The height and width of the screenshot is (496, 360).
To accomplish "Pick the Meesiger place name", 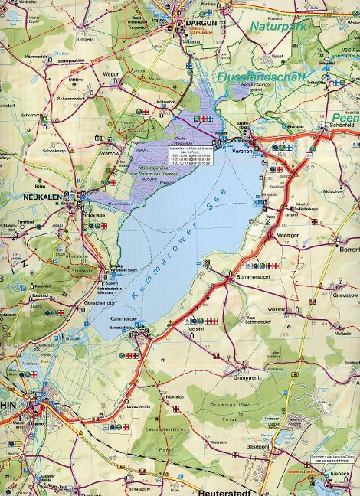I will [x=288, y=236].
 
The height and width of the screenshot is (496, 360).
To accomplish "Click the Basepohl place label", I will [x=260, y=446].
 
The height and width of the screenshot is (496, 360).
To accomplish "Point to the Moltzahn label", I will [x=343, y=334].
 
